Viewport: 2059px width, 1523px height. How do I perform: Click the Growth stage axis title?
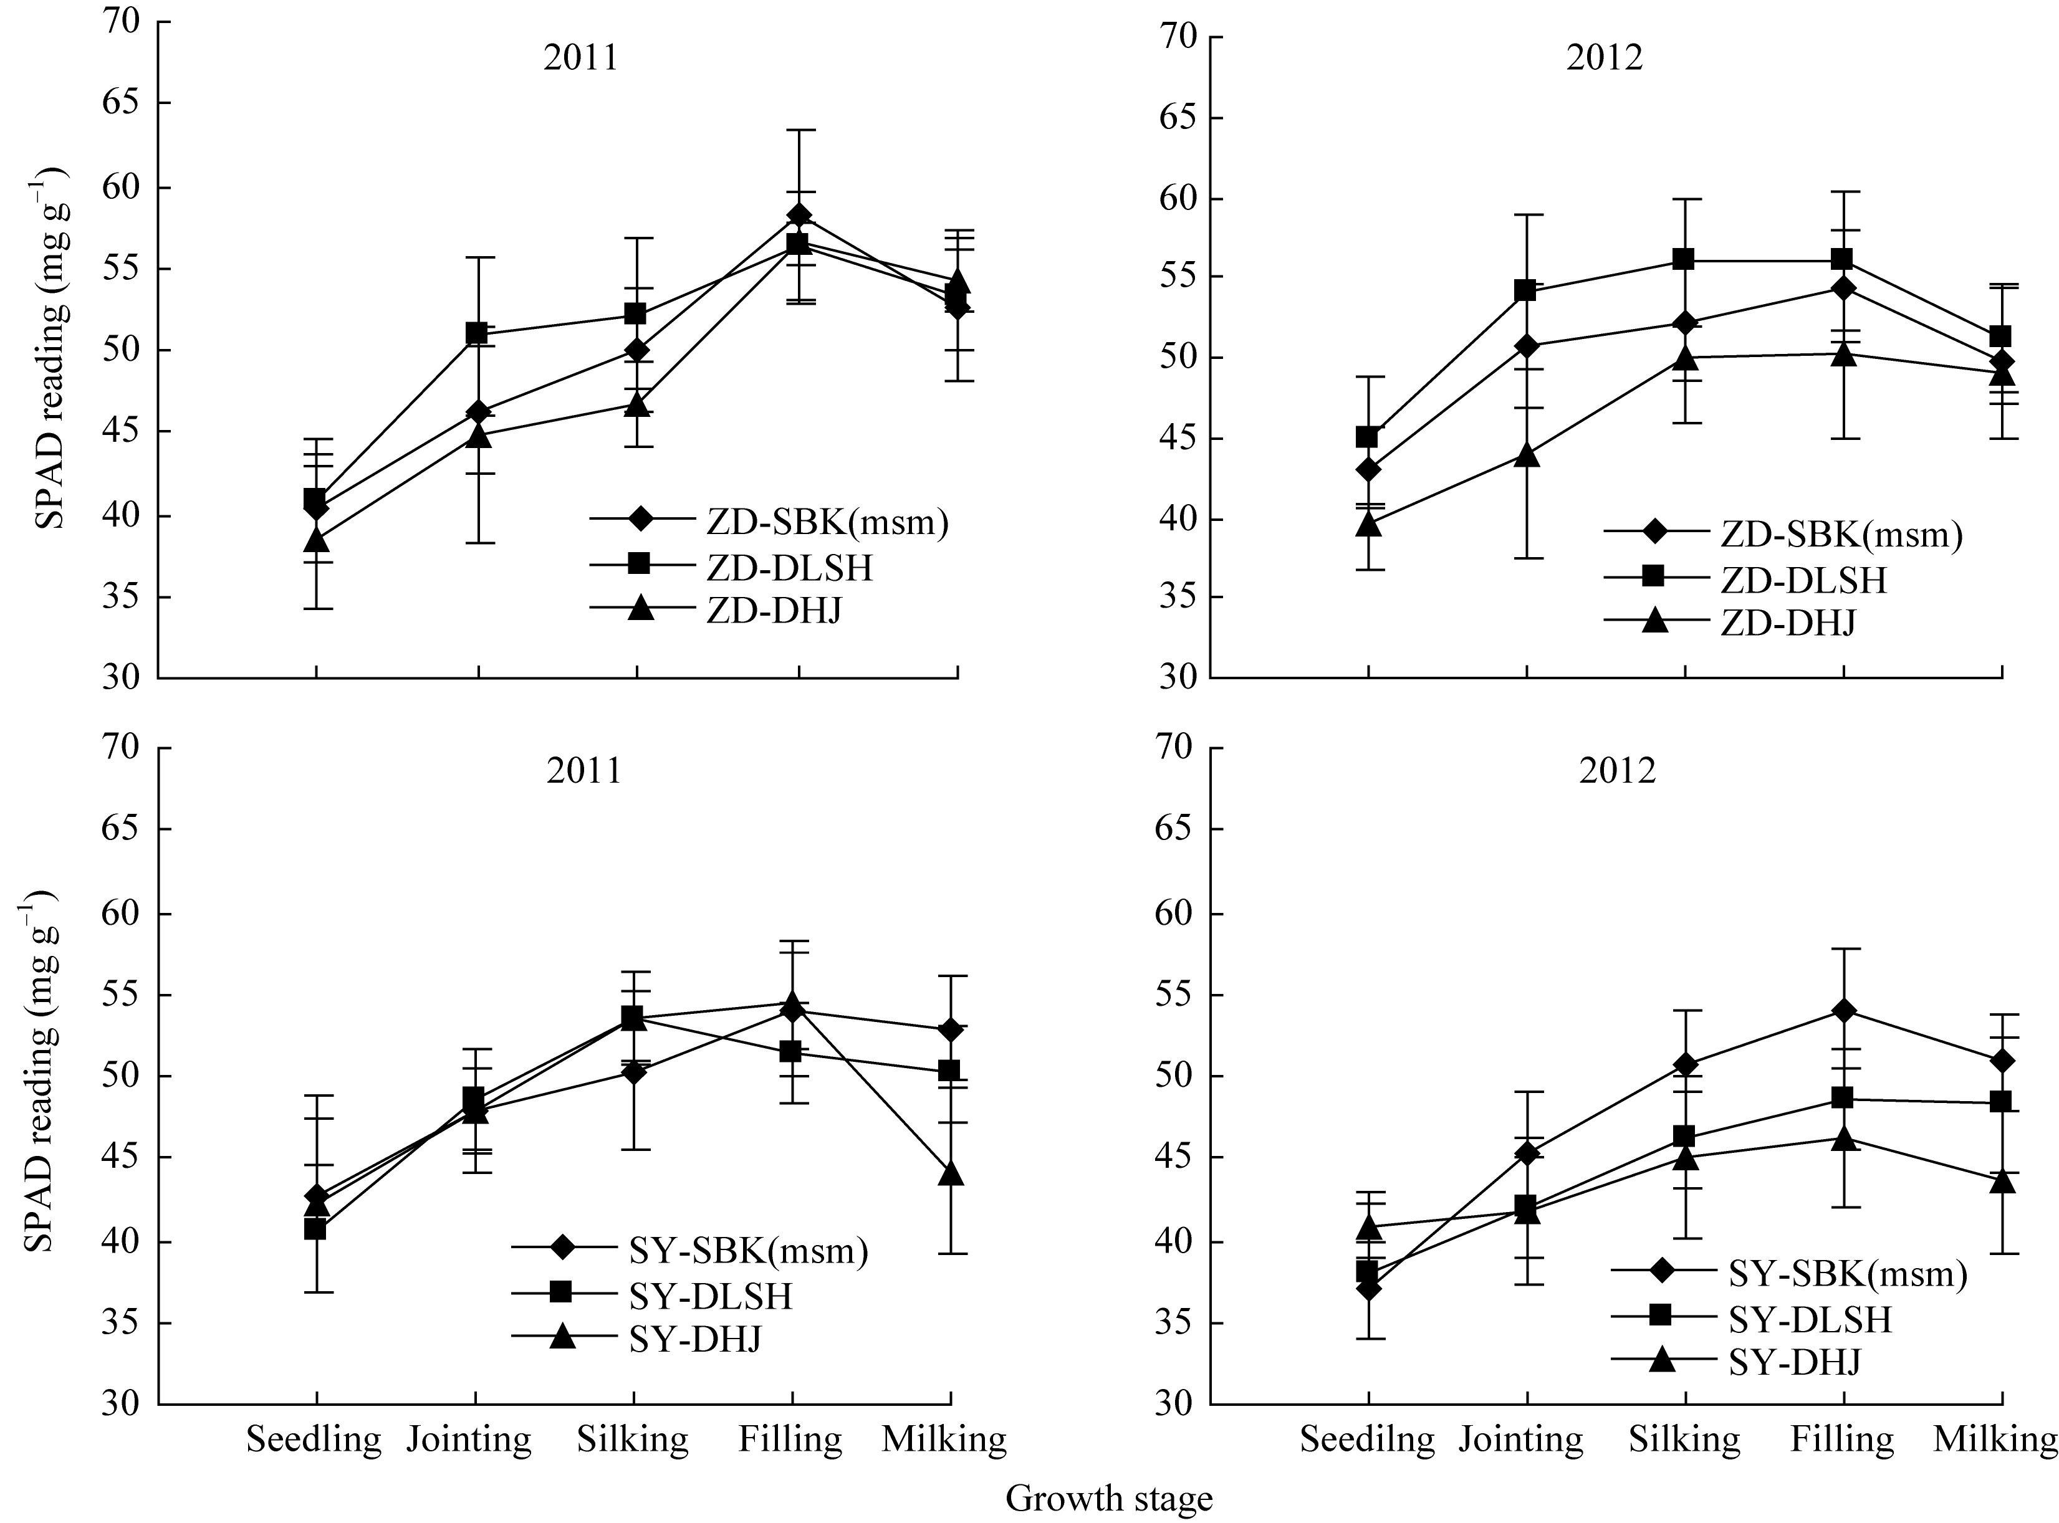click(x=1108, y=1498)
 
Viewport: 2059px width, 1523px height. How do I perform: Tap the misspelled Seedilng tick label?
click(x=1366, y=1438)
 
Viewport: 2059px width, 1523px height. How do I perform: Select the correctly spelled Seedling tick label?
click(x=314, y=1438)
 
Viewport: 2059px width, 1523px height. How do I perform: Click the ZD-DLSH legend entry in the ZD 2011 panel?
click(x=789, y=568)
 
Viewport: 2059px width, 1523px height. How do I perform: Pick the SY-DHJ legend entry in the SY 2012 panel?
click(x=1794, y=1361)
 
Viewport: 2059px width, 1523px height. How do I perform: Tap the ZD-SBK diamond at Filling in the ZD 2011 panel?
click(x=799, y=216)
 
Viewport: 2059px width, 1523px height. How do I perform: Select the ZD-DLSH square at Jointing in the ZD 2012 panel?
click(x=1526, y=291)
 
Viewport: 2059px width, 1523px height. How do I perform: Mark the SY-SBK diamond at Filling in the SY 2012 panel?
click(x=1844, y=1010)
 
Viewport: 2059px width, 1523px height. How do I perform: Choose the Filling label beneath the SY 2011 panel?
click(x=790, y=1438)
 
